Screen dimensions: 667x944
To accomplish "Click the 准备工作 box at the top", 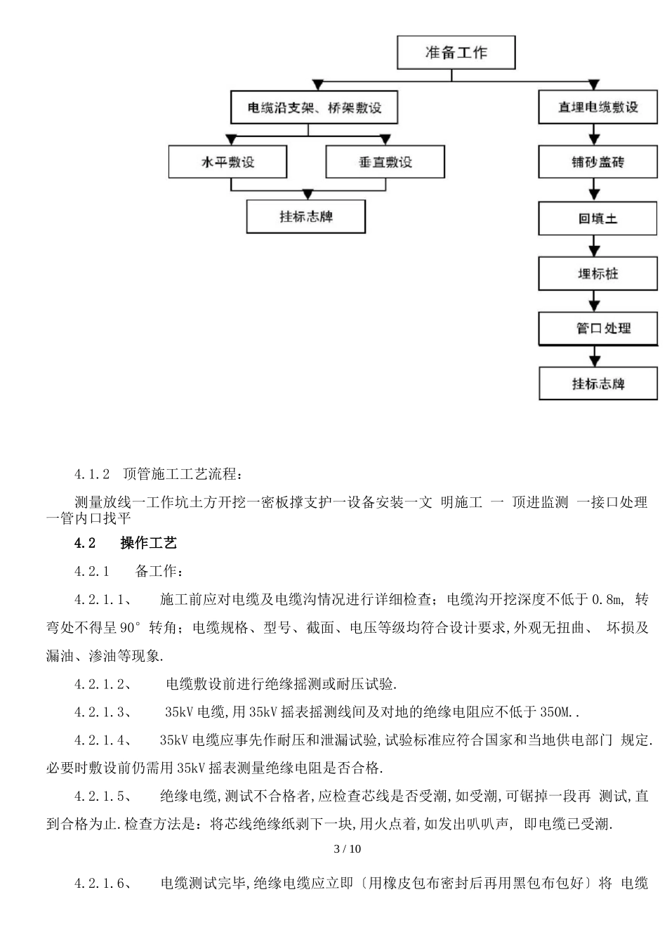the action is coord(456,53).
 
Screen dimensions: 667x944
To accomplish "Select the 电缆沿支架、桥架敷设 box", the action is coord(314,107).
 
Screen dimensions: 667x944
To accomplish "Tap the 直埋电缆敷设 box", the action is coord(597,107).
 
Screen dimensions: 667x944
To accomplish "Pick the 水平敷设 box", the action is coord(228,162).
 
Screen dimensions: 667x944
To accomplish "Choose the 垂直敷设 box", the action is coord(385,162).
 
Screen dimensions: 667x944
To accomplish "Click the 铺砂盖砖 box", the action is coord(597,162).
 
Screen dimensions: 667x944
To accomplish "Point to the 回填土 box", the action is coord(597,218).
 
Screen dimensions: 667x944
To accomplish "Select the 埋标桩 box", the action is coord(597,273).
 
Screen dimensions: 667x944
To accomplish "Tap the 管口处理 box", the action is coord(597,328).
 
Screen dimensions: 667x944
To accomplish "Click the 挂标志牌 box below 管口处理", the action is coord(597,383).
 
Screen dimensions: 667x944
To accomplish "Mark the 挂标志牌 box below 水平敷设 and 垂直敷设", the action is coord(305,216).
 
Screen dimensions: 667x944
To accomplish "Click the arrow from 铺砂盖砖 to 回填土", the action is coord(595,190).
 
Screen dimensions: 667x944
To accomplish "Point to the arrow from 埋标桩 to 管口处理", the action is coord(595,301).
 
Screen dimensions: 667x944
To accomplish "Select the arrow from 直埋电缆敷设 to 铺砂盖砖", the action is coord(595,135).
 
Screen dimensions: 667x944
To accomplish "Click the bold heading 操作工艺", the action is coord(148,543).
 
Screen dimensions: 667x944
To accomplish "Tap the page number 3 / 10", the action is coord(347,848).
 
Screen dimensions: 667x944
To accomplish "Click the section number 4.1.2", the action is coord(92,474).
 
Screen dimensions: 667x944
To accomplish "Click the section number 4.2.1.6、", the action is coord(103,884).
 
